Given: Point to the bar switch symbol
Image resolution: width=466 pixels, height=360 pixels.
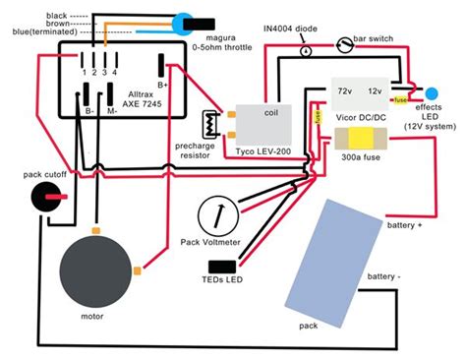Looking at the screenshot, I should tap(342, 44).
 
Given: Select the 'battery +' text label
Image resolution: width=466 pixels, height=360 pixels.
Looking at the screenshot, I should tap(405, 226).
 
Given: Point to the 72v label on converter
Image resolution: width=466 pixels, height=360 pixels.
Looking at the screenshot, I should tap(346, 90).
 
